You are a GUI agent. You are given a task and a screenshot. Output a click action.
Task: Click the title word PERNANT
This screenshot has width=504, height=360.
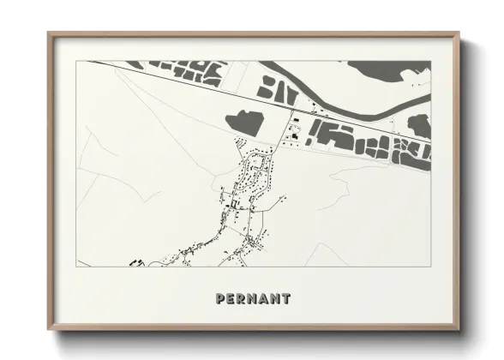[253, 299]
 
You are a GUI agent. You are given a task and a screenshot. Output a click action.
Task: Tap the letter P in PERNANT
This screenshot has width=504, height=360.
[221, 299]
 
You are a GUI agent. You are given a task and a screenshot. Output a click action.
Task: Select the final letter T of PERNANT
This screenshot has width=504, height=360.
[285, 299]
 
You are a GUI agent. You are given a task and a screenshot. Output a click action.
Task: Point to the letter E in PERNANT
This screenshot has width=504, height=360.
[231, 299]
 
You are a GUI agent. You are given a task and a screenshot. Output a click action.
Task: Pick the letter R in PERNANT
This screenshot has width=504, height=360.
[242, 299]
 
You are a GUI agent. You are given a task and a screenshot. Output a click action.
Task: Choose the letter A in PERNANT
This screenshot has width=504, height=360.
[264, 299]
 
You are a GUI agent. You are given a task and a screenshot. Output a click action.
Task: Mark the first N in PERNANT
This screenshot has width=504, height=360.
[253, 299]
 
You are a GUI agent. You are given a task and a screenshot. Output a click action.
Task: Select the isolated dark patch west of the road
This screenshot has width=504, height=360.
[243, 121]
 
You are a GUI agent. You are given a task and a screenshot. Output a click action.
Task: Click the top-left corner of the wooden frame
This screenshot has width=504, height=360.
[49, 34]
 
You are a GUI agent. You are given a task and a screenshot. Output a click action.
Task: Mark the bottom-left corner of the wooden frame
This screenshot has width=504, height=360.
[49, 329]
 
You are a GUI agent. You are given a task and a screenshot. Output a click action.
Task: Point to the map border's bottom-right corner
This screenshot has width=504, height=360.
[430, 267]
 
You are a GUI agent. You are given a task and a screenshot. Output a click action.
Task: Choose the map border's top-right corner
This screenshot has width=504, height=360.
[430, 61]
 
